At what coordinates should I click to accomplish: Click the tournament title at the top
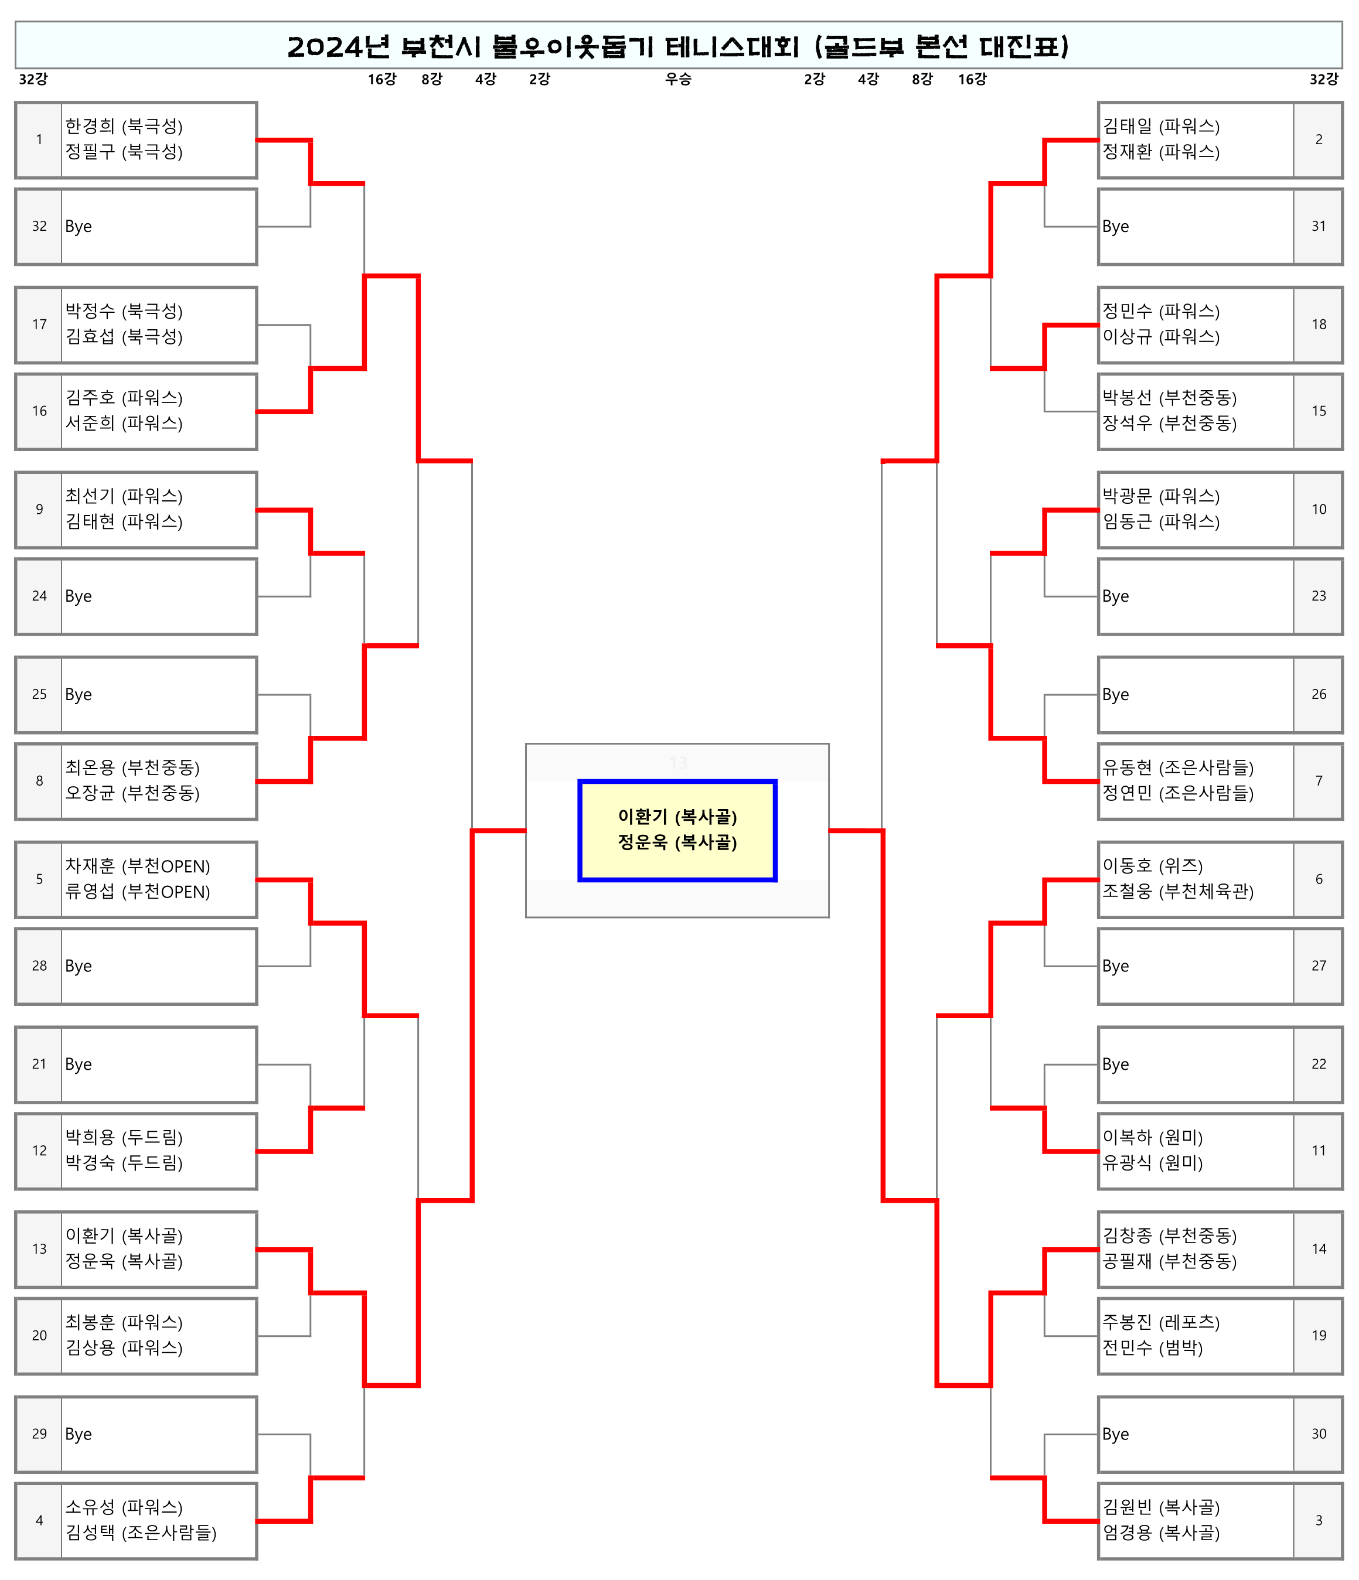(x=678, y=46)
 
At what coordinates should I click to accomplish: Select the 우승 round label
(x=678, y=79)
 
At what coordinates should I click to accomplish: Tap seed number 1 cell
(x=39, y=139)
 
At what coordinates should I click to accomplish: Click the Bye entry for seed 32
(x=79, y=227)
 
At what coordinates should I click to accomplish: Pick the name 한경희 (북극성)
(x=124, y=126)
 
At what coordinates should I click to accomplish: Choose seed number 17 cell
(x=39, y=325)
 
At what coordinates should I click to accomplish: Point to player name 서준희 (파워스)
(x=124, y=423)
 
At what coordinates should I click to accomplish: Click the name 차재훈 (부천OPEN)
(x=137, y=866)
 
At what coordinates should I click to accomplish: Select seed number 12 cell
(x=39, y=1151)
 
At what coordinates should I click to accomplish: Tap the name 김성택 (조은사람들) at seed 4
(x=140, y=1533)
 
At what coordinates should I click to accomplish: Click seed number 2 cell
(x=1319, y=139)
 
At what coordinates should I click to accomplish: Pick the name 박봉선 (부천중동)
(x=1169, y=398)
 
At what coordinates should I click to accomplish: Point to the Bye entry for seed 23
(x=1115, y=596)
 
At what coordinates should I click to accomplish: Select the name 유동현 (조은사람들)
(x=1177, y=768)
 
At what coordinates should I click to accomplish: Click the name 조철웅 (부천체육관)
(x=1177, y=892)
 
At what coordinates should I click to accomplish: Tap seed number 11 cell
(x=1319, y=1151)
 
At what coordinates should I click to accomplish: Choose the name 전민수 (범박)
(x=1152, y=1348)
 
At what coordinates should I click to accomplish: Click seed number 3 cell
(x=1319, y=1520)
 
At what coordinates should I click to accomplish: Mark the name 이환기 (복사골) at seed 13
(x=124, y=1236)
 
